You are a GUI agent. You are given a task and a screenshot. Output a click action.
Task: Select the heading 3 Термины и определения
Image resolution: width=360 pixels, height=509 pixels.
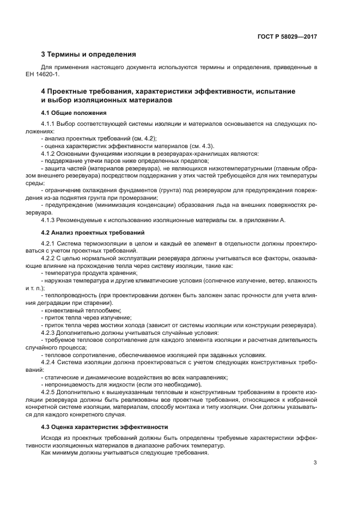[x=88, y=54]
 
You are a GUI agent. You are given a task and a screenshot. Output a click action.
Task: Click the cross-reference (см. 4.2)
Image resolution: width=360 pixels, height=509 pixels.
[x=131, y=139]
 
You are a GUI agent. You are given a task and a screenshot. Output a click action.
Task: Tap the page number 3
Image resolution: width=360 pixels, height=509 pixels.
[x=315, y=463]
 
